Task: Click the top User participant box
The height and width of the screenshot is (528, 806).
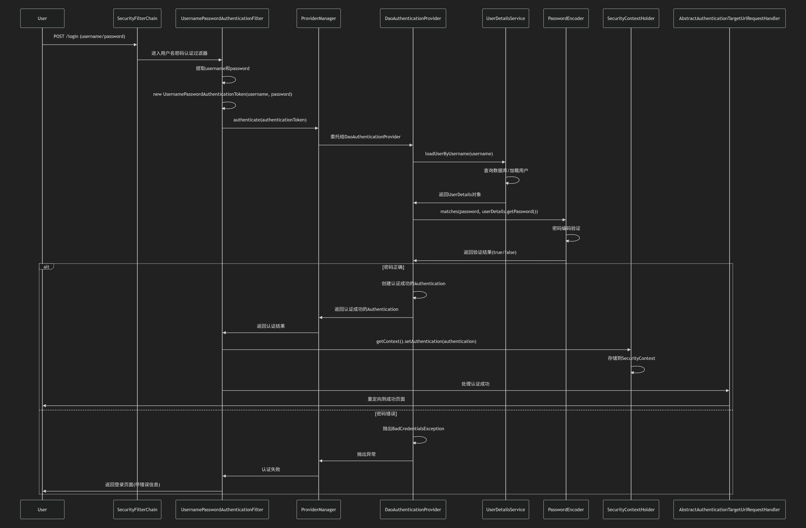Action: (x=42, y=18)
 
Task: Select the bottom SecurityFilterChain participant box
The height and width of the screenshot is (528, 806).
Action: (x=137, y=509)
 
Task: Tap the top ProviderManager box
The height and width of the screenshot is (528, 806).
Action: (x=318, y=18)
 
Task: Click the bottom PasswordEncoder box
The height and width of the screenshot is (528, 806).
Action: (x=566, y=509)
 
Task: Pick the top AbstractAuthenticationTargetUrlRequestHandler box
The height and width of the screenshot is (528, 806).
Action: (x=729, y=18)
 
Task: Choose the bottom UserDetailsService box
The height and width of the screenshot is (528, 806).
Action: (x=506, y=509)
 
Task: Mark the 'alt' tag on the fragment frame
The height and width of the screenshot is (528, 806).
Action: (x=46, y=267)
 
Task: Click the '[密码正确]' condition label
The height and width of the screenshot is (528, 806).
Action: (x=393, y=267)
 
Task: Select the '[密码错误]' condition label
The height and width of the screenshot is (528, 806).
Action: (x=386, y=414)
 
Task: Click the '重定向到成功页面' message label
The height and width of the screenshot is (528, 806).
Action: (x=386, y=399)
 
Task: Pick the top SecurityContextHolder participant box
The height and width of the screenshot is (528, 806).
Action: (x=631, y=18)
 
